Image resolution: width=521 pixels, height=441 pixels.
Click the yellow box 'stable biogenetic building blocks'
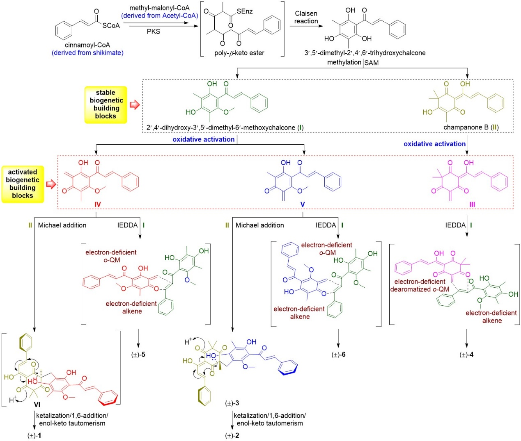point(106,105)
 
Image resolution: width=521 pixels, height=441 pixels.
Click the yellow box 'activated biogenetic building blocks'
point(23,184)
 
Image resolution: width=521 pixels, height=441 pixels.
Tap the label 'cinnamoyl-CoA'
point(87,45)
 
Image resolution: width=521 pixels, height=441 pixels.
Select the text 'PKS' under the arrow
point(153,32)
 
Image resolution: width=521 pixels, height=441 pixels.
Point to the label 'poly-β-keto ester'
point(239,53)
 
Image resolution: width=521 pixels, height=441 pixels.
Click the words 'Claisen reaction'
point(306,17)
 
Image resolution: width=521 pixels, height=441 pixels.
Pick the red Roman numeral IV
point(97,205)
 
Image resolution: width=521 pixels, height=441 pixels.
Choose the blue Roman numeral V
point(303,205)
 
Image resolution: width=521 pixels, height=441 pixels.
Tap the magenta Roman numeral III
point(472,205)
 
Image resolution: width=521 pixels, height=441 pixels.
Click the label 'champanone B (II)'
point(471,127)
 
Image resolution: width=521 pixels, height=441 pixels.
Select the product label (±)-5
point(138,355)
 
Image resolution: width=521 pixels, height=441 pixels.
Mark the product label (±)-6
point(338,355)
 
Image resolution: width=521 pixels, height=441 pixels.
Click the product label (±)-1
point(34,436)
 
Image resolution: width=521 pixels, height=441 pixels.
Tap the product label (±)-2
point(232,436)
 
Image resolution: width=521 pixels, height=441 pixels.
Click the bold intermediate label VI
point(37,405)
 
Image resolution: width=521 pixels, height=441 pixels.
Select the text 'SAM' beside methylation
point(372,63)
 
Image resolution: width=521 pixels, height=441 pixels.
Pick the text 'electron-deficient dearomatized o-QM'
point(420,285)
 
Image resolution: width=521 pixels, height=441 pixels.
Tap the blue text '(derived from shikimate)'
point(87,53)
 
